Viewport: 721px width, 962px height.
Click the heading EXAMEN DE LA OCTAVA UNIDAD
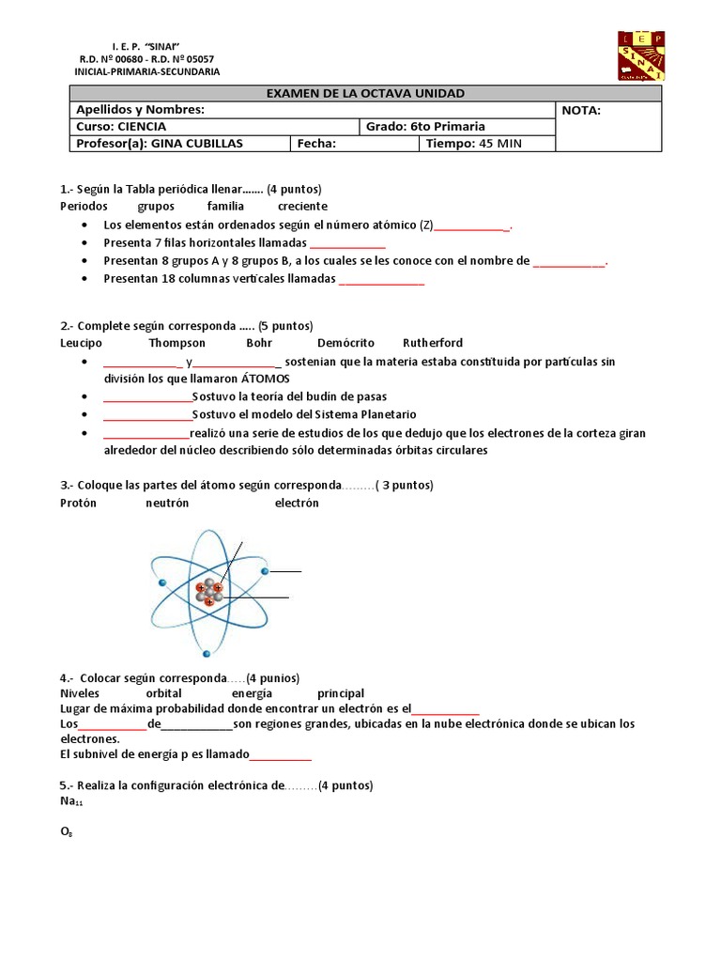coord(366,93)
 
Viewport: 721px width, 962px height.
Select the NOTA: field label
coord(581,110)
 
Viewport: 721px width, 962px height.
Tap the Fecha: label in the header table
coord(316,144)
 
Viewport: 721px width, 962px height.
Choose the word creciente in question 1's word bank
coord(302,206)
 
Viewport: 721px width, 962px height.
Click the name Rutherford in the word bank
coord(433,343)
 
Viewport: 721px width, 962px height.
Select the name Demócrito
coord(345,343)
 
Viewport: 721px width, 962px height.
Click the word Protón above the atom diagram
coord(79,503)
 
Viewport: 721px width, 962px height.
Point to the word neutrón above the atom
coord(167,503)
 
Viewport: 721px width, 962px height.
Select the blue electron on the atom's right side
coord(266,571)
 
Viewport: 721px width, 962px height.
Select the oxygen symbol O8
coord(66,832)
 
